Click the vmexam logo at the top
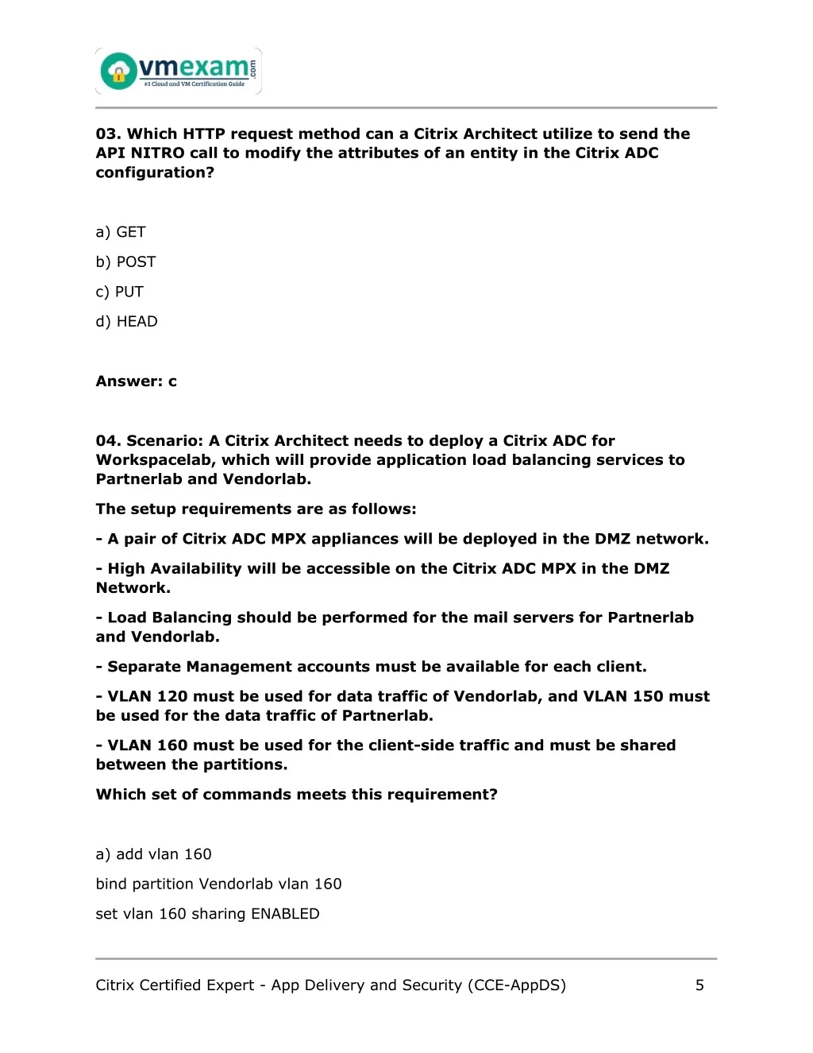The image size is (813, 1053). (179, 72)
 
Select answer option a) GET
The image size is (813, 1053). (121, 232)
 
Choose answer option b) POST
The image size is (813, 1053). (125, 262)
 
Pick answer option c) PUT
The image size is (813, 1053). (119, 292)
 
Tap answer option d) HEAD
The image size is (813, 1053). (126, 322)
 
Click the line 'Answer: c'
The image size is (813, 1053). (136, 381)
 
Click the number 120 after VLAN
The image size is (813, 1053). (172, 697)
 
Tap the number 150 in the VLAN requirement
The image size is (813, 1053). (648, 697)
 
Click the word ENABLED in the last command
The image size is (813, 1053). (285, 914)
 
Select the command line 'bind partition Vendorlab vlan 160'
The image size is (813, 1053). (218, 885)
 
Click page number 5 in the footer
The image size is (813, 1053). (699, 985)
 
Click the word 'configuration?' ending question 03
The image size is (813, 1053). (155, 173)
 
